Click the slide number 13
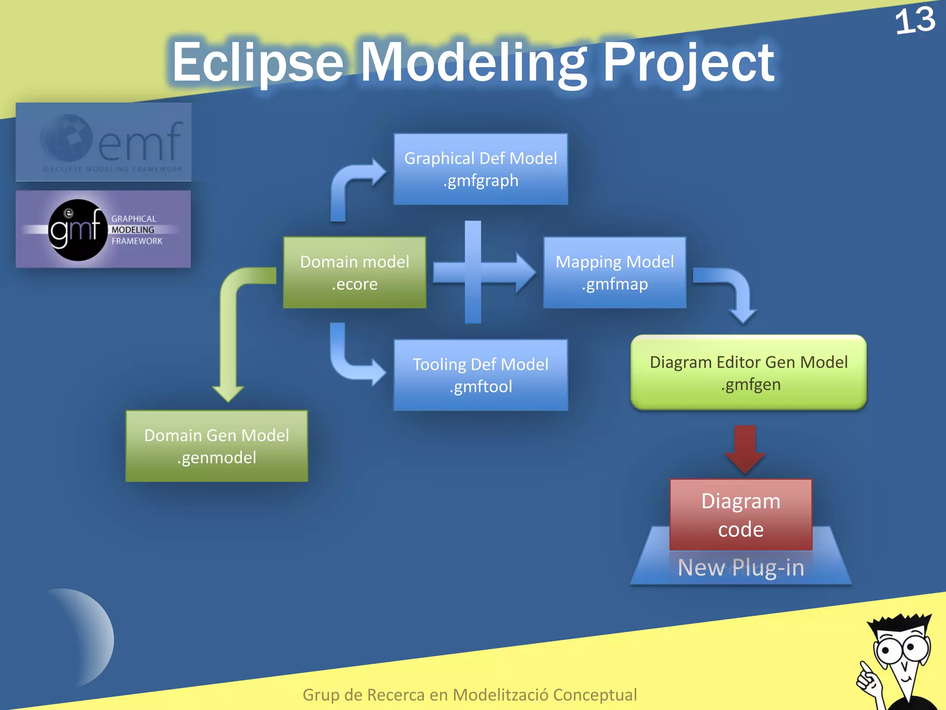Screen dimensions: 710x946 (x=915, y=21)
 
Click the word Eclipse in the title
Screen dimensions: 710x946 (x=257, y=62)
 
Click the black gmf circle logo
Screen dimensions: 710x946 (x=77, y=230)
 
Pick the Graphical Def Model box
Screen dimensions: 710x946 (x=480, y=169)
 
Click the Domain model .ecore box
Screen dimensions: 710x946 (x=354, y=273)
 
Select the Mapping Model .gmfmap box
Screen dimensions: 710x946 (x=614, y=273)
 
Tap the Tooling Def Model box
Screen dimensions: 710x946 (x=480, y=375)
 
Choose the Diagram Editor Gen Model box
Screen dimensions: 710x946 (x=748, y=373)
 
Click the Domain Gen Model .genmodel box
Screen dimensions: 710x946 (x=217, y=446)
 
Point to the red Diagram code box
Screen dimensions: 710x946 (x=740, y=514)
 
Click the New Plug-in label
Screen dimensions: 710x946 (x=740, y=567)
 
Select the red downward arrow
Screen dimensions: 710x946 (x=745, y=448)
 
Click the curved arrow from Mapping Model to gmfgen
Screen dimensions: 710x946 (x=734, y=291)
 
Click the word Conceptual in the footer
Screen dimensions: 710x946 (x=594, y=695)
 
